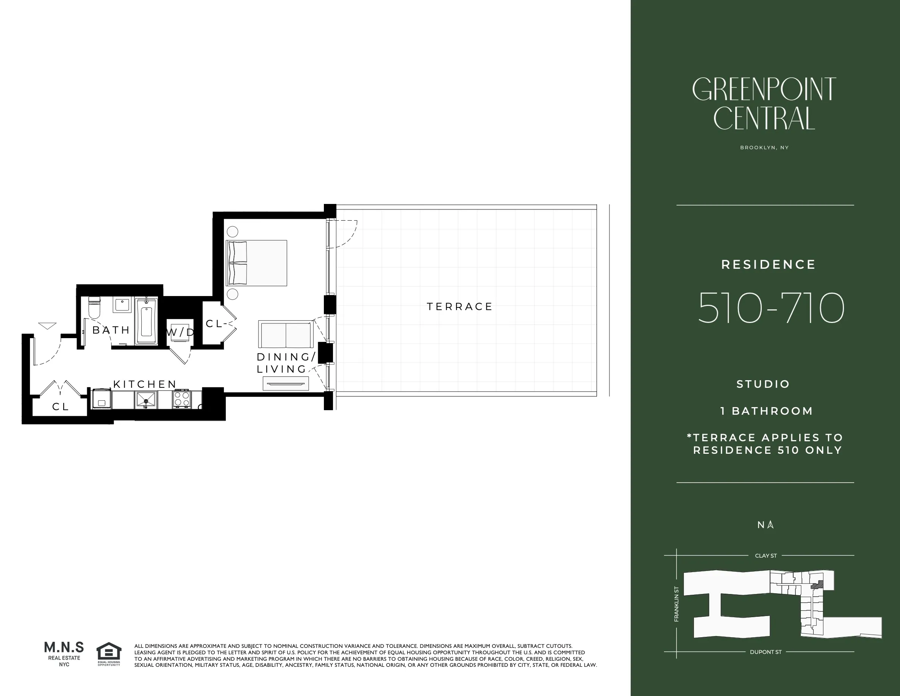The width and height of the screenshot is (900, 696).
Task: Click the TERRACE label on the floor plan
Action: pos(459,307)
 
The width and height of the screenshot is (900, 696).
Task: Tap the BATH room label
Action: pos(111,330)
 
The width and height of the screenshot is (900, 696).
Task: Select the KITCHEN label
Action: pos(145,384)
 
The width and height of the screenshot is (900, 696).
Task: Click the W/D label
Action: pos(180,332)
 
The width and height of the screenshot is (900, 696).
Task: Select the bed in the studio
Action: pos(256,263)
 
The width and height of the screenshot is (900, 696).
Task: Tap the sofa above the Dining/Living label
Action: pos(285,334)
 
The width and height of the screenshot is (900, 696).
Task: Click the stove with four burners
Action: pos(182,399)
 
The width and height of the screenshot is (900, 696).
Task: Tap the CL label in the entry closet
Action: pos(60,406)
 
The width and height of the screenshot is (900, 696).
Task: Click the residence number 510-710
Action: pos(770,309)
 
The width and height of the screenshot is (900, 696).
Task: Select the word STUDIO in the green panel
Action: pos(763,384)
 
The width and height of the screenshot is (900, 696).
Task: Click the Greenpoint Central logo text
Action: pos(764,103)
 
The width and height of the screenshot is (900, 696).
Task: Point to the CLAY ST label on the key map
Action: pos(766,556)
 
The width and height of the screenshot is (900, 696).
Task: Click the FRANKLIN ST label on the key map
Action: pos(676,604)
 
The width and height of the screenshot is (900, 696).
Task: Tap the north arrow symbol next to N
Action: pos(770,525)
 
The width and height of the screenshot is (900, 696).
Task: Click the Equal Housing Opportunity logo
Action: pos(109,654)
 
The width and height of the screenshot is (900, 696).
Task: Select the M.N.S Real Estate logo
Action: pos(64,653)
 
